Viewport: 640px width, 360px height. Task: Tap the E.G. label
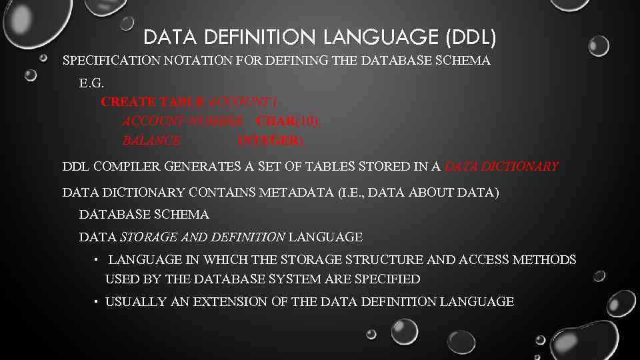tap(92, 83)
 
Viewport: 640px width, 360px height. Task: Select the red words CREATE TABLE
tap(153, 102)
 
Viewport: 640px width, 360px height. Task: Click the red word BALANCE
tap(151, 141)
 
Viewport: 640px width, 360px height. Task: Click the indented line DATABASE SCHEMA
tap(144, 215)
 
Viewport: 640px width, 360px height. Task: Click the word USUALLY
tap(136, 302)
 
